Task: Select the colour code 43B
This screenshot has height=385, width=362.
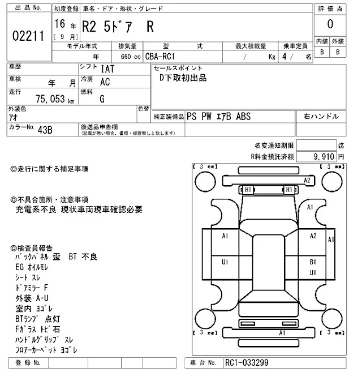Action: click(x=45, y=129)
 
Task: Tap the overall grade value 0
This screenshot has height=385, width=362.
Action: click(x=330, y=24)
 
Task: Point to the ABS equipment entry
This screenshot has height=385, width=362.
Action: click(x=242, y=116)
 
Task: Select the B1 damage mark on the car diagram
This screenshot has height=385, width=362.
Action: click(x=312, y=262)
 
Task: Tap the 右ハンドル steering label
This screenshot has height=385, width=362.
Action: click(x=321, y=116)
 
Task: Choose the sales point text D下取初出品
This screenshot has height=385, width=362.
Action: click(x=182, y=78)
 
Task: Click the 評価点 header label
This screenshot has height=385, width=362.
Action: click(x=330, y=8)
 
